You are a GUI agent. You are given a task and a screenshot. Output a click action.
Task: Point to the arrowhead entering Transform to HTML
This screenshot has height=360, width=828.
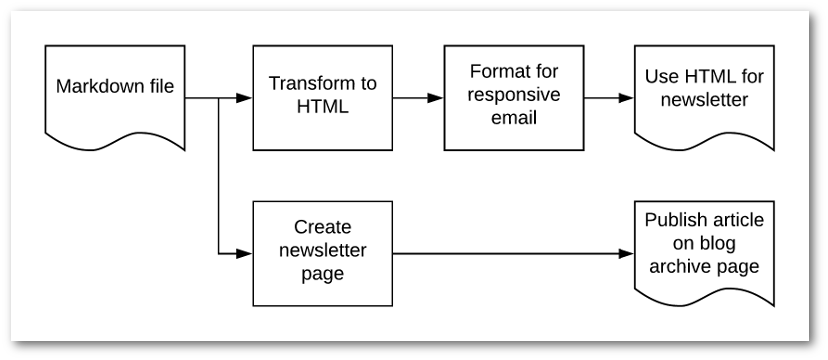click(244, 98)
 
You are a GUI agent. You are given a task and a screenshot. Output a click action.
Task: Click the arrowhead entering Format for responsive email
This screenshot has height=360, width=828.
click(435, 98)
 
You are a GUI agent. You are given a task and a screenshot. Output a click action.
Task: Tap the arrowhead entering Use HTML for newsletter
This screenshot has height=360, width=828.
click(625, 98)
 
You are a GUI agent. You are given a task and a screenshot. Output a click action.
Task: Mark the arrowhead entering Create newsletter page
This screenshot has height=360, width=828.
click(244, 253)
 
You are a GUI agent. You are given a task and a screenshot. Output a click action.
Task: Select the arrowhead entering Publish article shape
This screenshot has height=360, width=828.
click(625, 253)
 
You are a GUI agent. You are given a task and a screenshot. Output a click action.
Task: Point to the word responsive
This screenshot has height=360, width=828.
click(513, 97)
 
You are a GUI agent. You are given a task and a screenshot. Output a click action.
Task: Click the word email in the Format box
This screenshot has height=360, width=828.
click(513, 119)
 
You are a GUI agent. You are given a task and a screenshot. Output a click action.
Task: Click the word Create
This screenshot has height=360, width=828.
click(323, 227)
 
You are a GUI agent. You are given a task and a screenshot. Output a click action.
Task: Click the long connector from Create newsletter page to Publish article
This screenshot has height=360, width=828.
click(509, 253)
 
